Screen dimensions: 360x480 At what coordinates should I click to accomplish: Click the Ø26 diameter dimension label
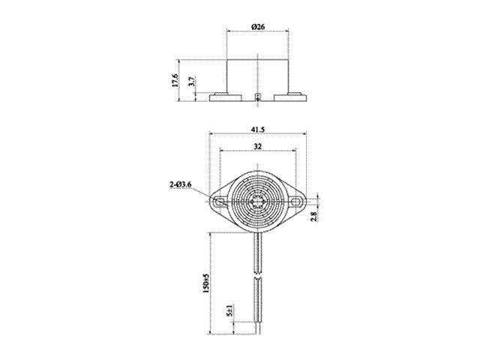tap(259, 28)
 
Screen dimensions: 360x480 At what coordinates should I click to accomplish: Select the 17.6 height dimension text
tap(175, 81)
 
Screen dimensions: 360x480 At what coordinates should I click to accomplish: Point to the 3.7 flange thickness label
tap(192, 82)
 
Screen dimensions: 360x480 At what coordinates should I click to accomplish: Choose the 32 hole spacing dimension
tap(259, 148)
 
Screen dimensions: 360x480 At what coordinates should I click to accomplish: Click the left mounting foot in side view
tap(223, 97)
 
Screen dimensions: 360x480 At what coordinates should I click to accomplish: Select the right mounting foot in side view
tap(293, 97)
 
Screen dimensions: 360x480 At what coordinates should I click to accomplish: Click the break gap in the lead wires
tap(259, 271)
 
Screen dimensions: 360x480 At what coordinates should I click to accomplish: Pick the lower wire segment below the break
tap(259, 304)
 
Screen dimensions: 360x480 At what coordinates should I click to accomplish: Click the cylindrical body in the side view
tap(259, 73)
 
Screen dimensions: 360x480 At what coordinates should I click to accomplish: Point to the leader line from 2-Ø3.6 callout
tap(207, 193)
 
